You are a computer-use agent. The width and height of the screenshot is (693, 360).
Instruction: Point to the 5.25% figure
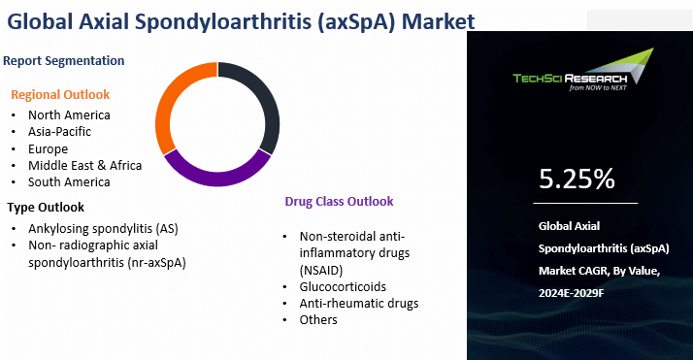[x=577, y=179]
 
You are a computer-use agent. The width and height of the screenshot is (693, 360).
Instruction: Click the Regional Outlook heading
[x=60, y=94]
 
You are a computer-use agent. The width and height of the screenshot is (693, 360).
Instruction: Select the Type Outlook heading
[x=46, y=207]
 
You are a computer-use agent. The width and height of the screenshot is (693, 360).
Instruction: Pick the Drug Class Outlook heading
[x=339, y=202]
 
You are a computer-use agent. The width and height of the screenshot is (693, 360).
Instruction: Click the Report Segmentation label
[x=63, y=60]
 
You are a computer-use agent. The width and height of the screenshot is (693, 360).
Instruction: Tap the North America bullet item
[x=69, y=115]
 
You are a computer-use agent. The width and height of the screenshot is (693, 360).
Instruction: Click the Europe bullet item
[x=48, y=148]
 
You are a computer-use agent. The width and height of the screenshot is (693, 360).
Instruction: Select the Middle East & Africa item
[x=84, y=165]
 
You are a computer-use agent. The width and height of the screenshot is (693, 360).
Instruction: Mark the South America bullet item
[x=69, y=181]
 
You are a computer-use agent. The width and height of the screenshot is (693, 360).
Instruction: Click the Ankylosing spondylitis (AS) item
[x=102, y=229]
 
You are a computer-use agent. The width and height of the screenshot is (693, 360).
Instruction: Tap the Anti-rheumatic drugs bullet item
[x=359, y=303]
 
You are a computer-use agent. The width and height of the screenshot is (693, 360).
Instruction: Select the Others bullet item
[x=319, y=319]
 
